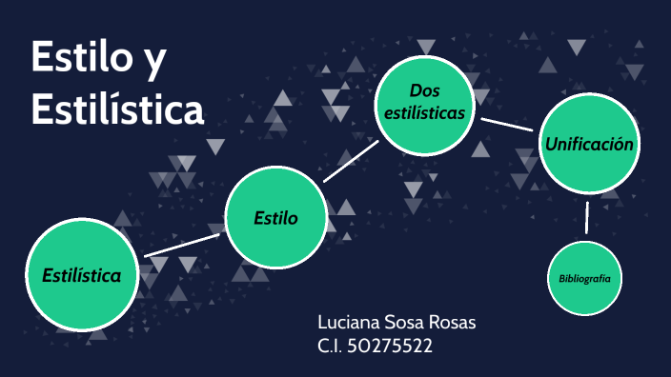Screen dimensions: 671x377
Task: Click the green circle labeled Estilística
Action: tap(82, 276)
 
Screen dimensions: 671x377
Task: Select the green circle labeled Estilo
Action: tap(275, 219)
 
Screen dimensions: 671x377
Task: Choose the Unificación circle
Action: tap(588, 145)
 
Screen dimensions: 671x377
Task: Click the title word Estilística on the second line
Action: tap(117, 109)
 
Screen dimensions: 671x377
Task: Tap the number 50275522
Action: tap(393, 347)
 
